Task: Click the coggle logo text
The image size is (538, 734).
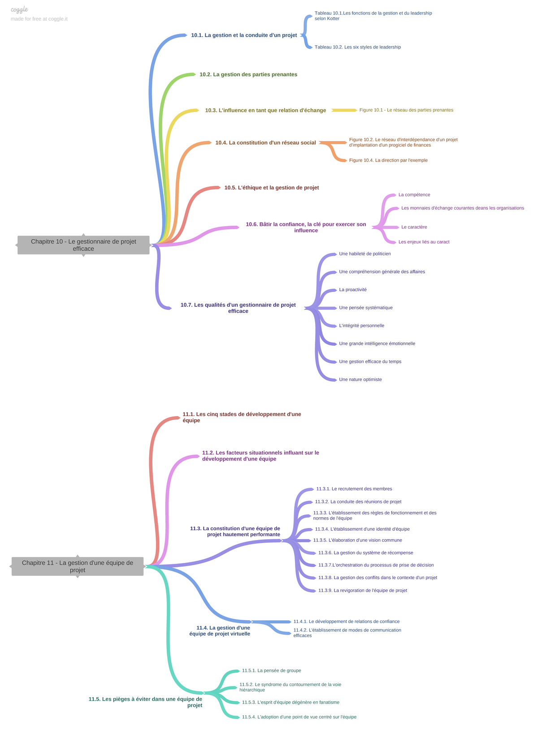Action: click(19, 10)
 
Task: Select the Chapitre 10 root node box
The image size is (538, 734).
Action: click(83, 245)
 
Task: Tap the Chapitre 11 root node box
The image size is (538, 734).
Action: click(78, 567)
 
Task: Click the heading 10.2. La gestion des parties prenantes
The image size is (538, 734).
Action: click(248, 74)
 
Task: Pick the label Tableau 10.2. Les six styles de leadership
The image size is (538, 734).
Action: click(358, 47)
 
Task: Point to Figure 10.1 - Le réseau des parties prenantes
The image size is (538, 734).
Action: click(406, 110)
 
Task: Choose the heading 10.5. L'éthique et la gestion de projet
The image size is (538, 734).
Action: click(272, 188)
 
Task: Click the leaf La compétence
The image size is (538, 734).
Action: click(414, 195)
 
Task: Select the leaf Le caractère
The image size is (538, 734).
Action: click(414, 227)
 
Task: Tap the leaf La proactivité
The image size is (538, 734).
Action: click(353, 290)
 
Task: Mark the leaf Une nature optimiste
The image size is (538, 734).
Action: click(360, 379)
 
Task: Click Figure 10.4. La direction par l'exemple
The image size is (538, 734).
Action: click(388, 160)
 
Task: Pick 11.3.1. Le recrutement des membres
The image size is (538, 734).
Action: click(354, 489)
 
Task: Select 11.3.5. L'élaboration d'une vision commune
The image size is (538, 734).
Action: click(358, 541)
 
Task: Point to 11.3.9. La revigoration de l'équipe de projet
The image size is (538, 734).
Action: click(363, 591)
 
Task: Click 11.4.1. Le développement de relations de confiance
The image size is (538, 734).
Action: click(347, 622)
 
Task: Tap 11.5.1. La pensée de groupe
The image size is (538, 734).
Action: click(272, 671)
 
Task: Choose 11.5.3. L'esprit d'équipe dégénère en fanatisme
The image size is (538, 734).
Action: click(291, 703)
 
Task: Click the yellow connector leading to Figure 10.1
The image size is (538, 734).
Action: click(344, 110)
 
